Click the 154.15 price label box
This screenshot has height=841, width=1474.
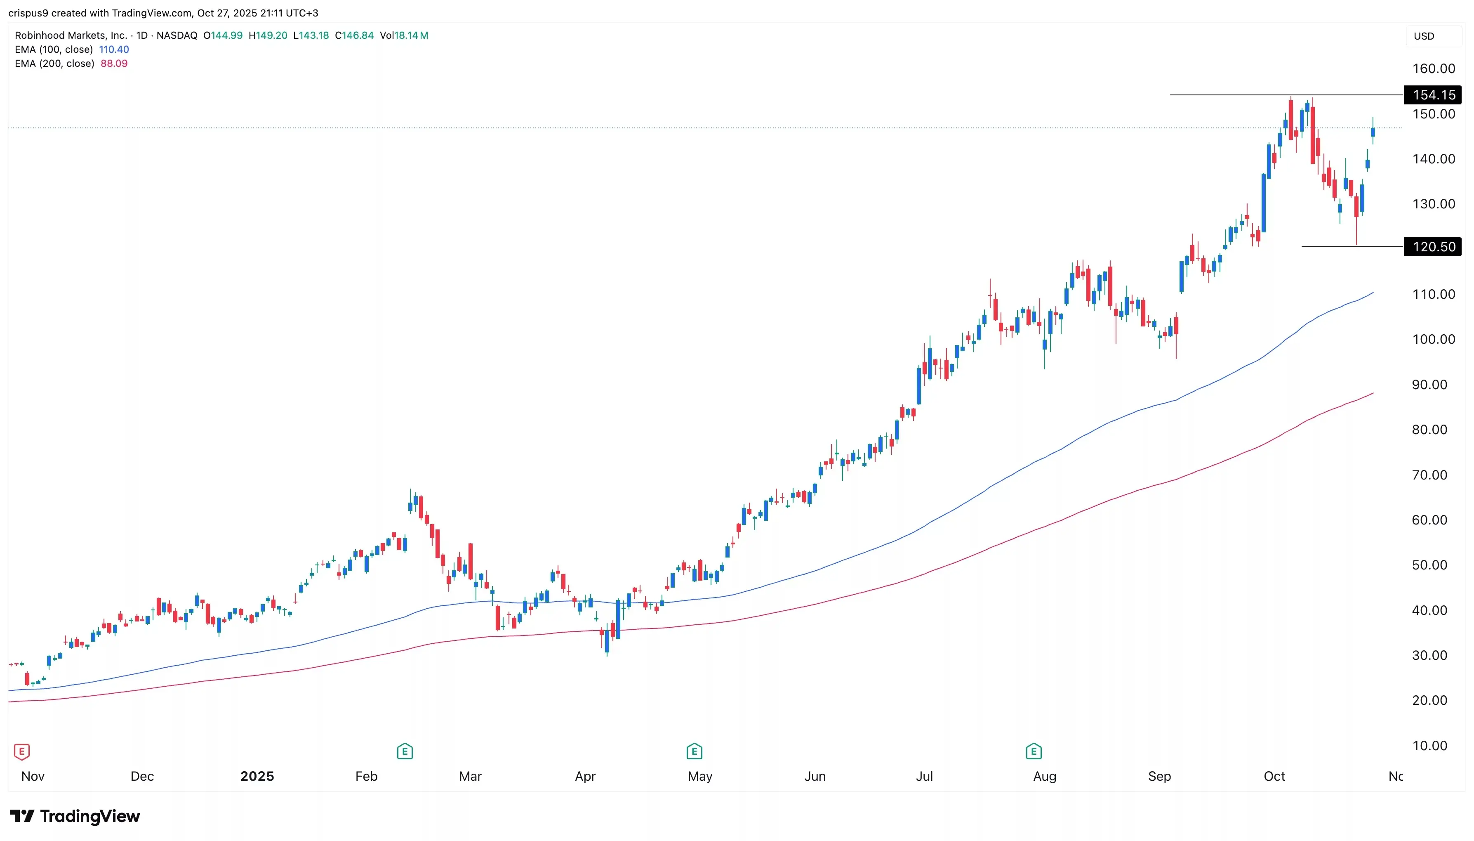[1433, 95]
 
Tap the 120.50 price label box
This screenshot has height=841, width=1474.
[1433, 247]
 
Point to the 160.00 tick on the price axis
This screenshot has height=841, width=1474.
[1434, 69]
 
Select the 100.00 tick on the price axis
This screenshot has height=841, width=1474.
[1434, 340]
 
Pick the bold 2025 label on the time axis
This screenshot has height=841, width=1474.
[257, 776]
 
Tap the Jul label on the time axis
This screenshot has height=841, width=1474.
[924, 776]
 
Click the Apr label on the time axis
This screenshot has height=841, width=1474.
[585, 776]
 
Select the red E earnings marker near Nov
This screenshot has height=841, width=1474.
[21, 751]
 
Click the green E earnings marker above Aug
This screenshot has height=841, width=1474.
[1033, 751]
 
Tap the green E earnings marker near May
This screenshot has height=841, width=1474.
[694, 751]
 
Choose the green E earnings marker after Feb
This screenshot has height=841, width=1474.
[405, 751]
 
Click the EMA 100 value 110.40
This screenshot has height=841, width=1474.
[114, 50]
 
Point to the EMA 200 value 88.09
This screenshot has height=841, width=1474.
[114, 64]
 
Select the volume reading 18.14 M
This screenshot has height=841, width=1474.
[410, 35]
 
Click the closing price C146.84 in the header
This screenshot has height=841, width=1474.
[354, 35]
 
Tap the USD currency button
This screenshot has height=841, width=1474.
[1424, 36]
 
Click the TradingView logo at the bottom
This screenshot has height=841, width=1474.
[75, 816]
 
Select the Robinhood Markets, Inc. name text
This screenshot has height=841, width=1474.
[71, 35]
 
